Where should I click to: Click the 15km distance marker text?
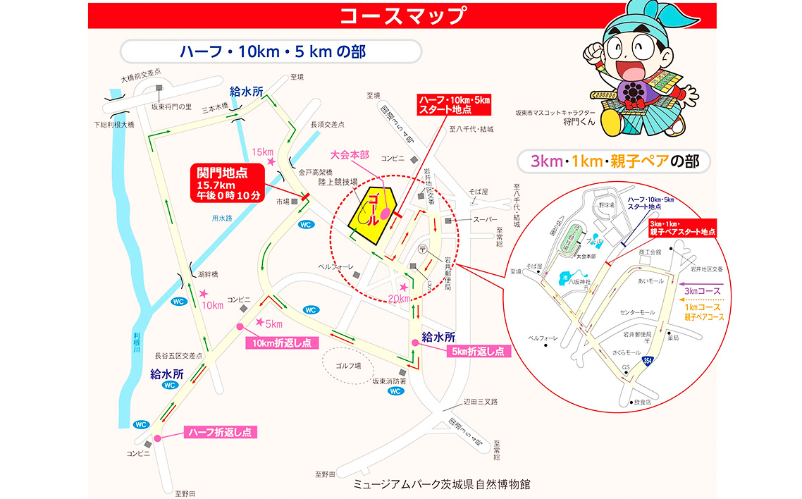(262, 152)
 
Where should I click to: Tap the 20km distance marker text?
(399, 298)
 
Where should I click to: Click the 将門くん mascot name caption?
(579, 121)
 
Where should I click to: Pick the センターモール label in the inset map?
(637, 312)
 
